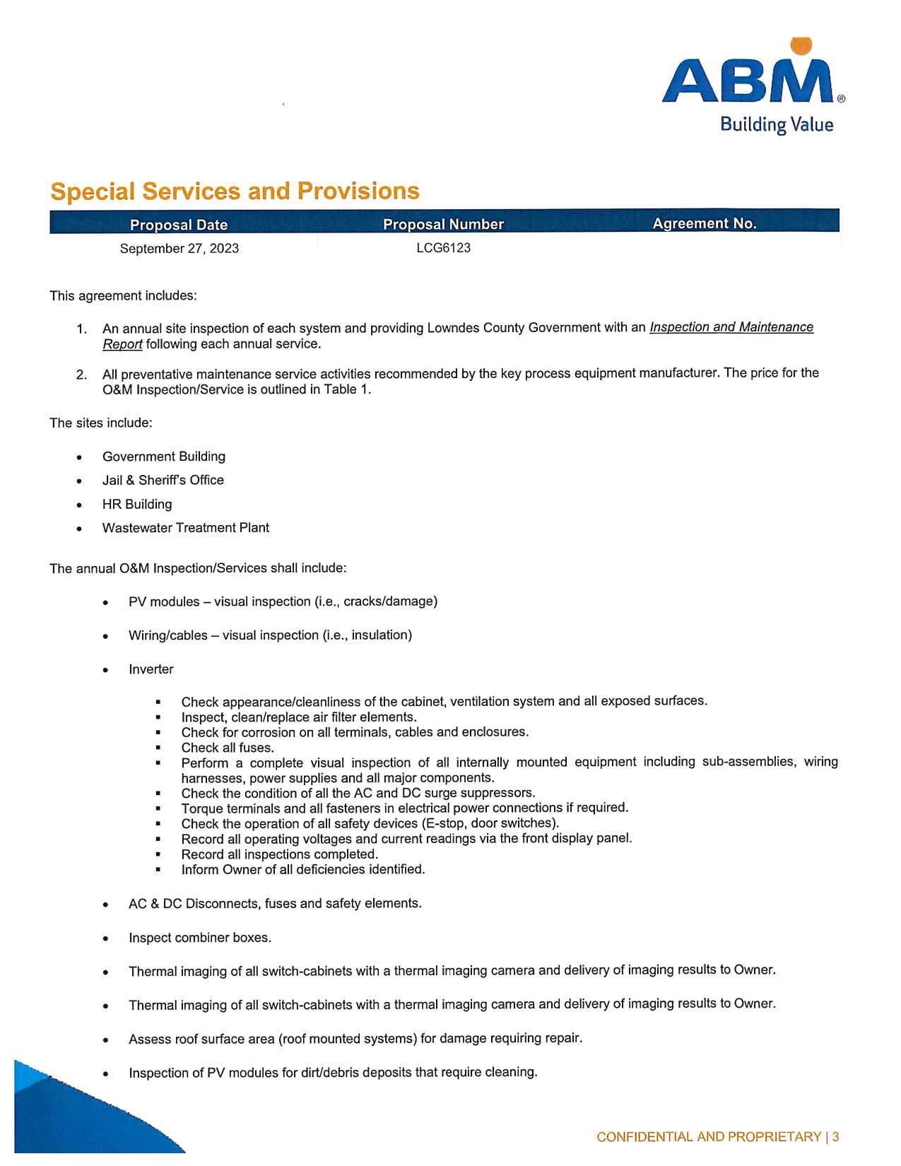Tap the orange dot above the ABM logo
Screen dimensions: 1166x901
pyautogui.click(x=801, y=45)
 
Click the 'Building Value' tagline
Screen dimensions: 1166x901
pyautogui.click(x=776, y=125)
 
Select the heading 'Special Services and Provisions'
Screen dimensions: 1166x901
pyautogui.click(x=235, y=192)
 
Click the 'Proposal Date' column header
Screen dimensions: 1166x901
pyautogui.click(x=179, y=225)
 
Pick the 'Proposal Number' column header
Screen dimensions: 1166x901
pyautogui.click(x=443, y=224)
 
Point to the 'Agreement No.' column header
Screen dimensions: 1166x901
pyautogui.click(x=704, y=223)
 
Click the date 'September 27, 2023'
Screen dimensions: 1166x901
pyautogui.click(x=179, y=248)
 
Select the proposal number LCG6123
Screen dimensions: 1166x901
pyautogui.click(x=443, y=248)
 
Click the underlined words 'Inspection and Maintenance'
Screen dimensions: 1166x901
pyautogui.click(x=731, y=327)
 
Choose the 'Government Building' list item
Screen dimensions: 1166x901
pyautogui.click(x=164, y=457)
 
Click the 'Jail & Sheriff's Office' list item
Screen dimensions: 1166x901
pyautogui.click(x=163, y=480)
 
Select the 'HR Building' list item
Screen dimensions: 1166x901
pyautogui.click(x=137, y=504)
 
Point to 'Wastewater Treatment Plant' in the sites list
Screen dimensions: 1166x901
pyautogui.click(x=186, y=528)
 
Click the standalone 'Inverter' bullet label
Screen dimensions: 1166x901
pyautogui.click(x=151, y=669)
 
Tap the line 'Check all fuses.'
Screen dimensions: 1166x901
pyautogui.click(x=228, y=748)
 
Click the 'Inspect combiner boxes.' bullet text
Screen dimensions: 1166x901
pyautogui.click(x=200, y=938)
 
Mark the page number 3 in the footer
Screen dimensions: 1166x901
pyautogui.click(x=835, y=1137)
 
